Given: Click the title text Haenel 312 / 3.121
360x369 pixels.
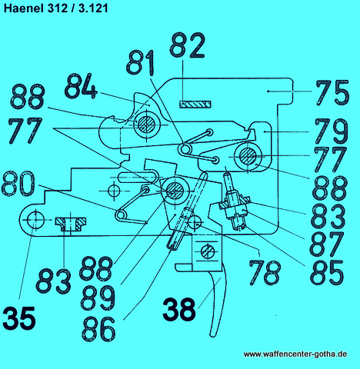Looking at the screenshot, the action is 55,8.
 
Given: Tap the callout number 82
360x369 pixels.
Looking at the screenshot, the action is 188,45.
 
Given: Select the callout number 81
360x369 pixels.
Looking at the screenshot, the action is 141,62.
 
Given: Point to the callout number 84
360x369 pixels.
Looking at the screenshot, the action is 81,86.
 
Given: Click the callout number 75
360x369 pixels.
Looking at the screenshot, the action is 332,92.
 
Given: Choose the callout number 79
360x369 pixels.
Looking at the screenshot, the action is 332,131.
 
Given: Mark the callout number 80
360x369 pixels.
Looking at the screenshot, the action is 18,184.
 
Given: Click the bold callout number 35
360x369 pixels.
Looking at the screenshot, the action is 19,318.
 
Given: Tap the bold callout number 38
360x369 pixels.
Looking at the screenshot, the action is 179,308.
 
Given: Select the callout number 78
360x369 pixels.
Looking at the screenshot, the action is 265,272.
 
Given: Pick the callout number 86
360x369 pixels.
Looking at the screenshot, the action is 98,329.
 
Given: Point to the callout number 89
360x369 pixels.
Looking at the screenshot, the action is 98,298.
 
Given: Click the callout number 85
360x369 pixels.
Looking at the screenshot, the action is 327,272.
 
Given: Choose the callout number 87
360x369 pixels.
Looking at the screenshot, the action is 327,244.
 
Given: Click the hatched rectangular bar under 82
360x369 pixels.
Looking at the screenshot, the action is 195,105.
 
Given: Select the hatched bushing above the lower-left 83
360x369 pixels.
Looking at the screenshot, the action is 71,224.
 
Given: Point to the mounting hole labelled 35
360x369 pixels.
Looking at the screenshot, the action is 35,220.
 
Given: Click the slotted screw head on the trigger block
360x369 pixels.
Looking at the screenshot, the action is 208,251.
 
